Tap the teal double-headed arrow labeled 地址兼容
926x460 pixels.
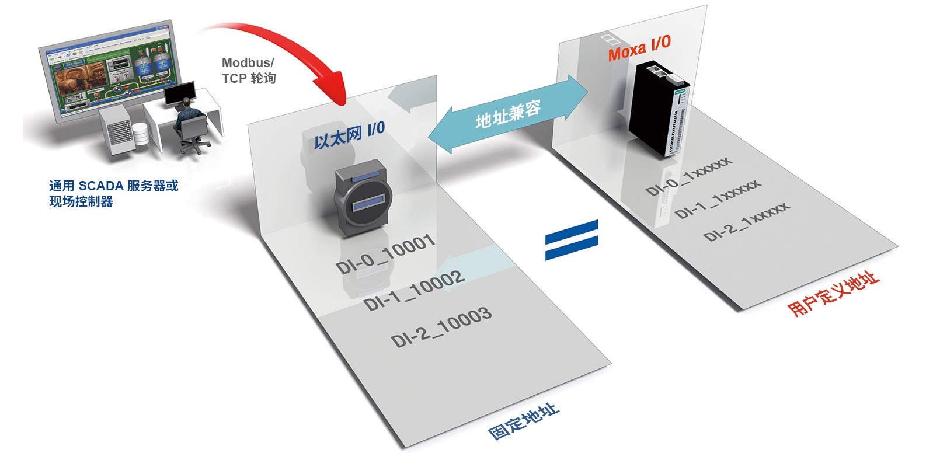click(507, 113)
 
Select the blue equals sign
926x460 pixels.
click(572, 239)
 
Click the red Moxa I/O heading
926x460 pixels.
click(639, 48)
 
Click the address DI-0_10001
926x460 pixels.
click(385, 255)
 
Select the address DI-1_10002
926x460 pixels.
click(414, 290)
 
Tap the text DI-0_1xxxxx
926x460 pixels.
click(688, 176)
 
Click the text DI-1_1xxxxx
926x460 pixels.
click(718, 199)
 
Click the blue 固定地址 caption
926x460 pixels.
click(524, 421)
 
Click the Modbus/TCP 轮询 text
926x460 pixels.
click(248, 71)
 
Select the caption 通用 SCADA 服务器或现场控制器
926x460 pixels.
click(113, 193)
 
